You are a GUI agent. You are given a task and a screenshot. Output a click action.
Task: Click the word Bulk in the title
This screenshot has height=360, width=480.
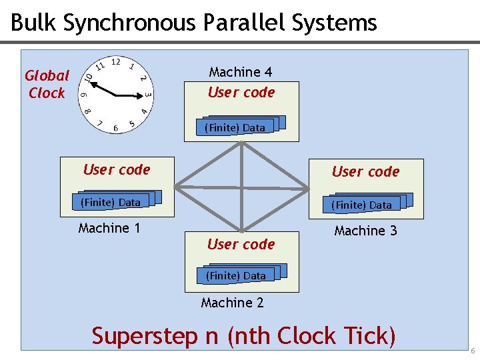[x=33, y=23]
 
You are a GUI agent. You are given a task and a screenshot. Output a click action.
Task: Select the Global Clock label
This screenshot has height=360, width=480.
[x=47, y=85]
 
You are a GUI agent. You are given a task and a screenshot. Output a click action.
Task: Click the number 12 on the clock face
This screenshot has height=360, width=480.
[x=115, y=62]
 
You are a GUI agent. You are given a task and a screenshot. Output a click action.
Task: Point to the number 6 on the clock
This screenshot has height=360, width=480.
[x=116, y=128]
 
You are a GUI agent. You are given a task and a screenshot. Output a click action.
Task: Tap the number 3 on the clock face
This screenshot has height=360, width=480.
[x=148, y=95]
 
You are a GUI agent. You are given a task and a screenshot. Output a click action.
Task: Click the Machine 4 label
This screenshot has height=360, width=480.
[x=240, y=71]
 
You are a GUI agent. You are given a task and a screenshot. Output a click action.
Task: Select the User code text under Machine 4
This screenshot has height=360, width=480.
[x=241, y=92]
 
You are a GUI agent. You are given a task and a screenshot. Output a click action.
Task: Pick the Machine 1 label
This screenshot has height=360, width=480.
[x=109, y=228]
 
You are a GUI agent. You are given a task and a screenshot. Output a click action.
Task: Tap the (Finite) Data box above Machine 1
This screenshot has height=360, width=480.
[x=111, y=202]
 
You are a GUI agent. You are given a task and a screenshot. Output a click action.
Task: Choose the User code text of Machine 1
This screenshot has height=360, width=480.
[x=117, y=169]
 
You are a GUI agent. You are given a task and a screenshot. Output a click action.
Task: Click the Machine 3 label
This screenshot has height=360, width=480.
[x=365, y=231]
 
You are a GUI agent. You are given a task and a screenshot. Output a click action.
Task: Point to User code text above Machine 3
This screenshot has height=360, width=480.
[x=365, y=171]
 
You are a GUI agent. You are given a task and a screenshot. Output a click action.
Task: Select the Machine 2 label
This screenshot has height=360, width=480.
[x=232, y=303]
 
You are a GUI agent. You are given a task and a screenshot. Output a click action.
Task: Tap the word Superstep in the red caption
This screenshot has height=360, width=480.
[x=145, y=336]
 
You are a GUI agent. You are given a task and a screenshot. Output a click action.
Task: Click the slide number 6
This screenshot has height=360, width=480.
[x=473, y=351]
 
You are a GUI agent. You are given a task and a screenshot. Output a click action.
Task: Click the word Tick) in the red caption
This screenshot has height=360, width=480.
[x=367, y=335]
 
